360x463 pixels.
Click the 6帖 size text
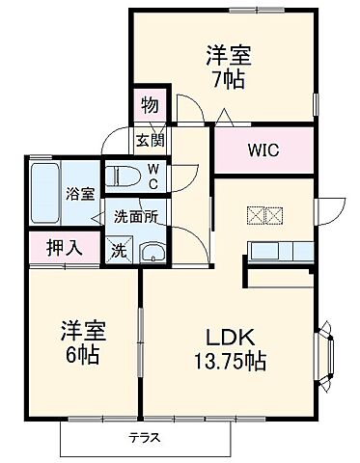pos(81,353)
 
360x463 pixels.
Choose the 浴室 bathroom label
pos(79,194)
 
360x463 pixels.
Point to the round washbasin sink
pos(152,253)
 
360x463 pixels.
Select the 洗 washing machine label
pos(117,251)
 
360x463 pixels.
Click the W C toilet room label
pos(152,177)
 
